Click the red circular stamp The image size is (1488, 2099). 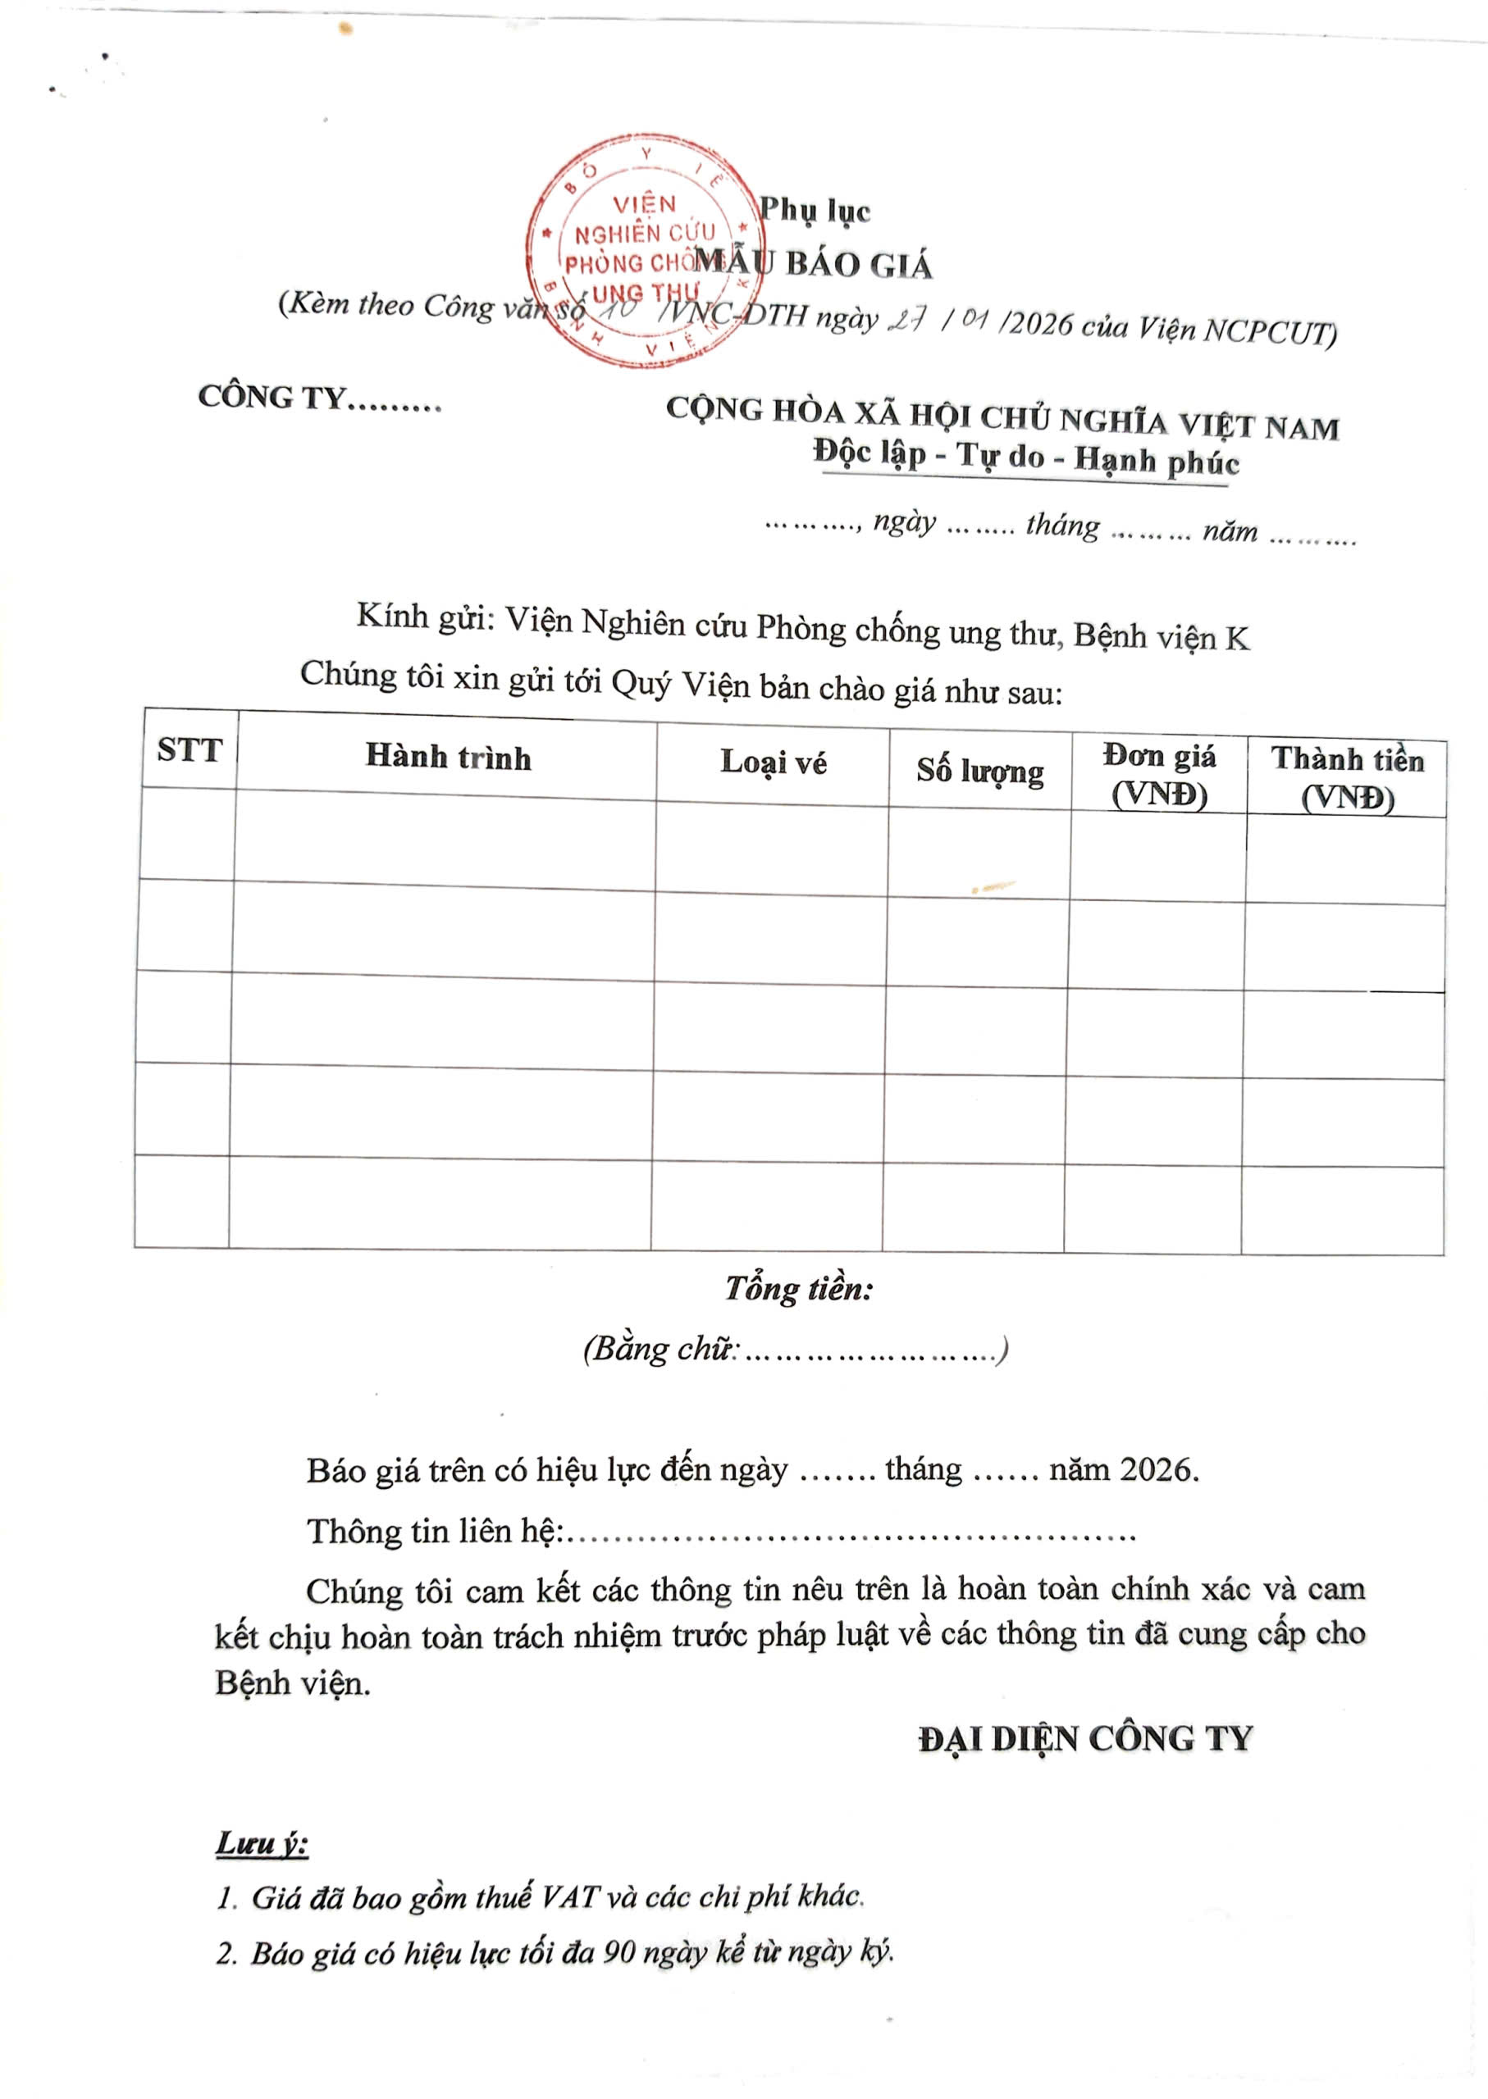click(x=643, y=249)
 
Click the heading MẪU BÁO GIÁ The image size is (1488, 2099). click(x=813, y=265)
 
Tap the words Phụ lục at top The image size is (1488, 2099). click(x=815, y=211)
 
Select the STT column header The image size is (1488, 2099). click(x=189, y=750)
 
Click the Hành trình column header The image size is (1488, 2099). click(x=448, y=758)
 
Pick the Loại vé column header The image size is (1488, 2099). click(x=774, y=763)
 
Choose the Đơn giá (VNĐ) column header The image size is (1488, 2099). click(x=1159, y=775)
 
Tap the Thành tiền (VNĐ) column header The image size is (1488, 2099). click(x=1347, y=778)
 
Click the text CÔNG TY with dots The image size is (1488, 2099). click(x=319, y=398)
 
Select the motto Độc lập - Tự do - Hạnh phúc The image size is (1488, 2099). click(x=1025, y=458)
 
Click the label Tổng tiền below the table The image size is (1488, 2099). click(x=799, y=1289)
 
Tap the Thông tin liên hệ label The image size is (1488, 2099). click(x=434, y=1532)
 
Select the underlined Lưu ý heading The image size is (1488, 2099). click(x=262, y=1843)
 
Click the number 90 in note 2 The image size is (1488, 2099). click(x=619, y=1953)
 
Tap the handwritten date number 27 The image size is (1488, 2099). click(x=906, y=321)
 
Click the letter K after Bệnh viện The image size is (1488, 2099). click(x=1237, y=638)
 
